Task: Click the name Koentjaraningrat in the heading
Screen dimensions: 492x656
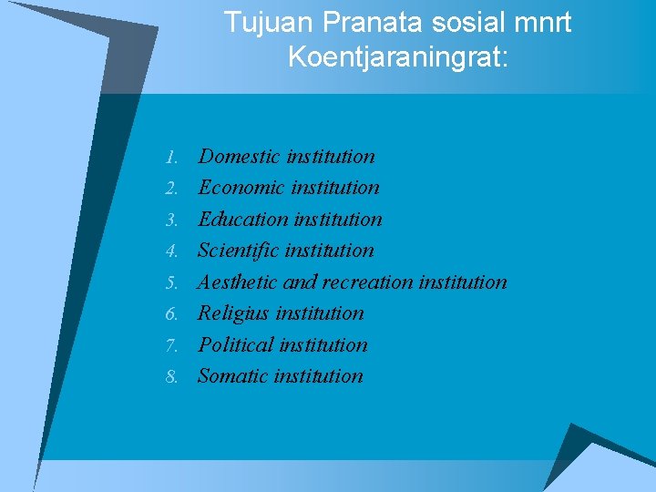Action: [x=396, y=57]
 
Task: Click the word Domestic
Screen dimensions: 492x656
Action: [x=239, y=156]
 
